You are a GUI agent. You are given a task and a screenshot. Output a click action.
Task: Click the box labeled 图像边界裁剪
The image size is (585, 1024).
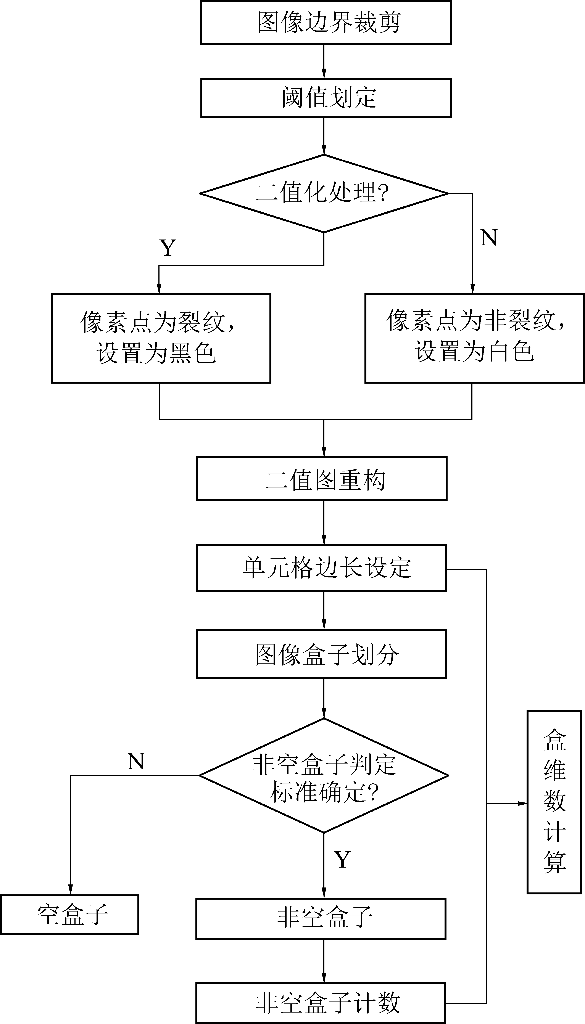[326, 23]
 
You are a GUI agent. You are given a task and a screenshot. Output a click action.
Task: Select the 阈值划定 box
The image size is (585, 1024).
[326, 98]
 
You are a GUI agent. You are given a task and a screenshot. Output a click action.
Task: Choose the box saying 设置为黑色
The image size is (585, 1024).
[161, 338]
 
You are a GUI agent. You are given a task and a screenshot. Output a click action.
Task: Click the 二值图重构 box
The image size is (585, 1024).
[321, 479]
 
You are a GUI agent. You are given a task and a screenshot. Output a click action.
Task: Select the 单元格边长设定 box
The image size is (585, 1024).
[321, 567]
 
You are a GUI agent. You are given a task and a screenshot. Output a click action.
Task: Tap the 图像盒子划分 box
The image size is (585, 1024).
[321, 654]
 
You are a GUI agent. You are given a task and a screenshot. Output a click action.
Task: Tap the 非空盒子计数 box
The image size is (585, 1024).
[321, 1003]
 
